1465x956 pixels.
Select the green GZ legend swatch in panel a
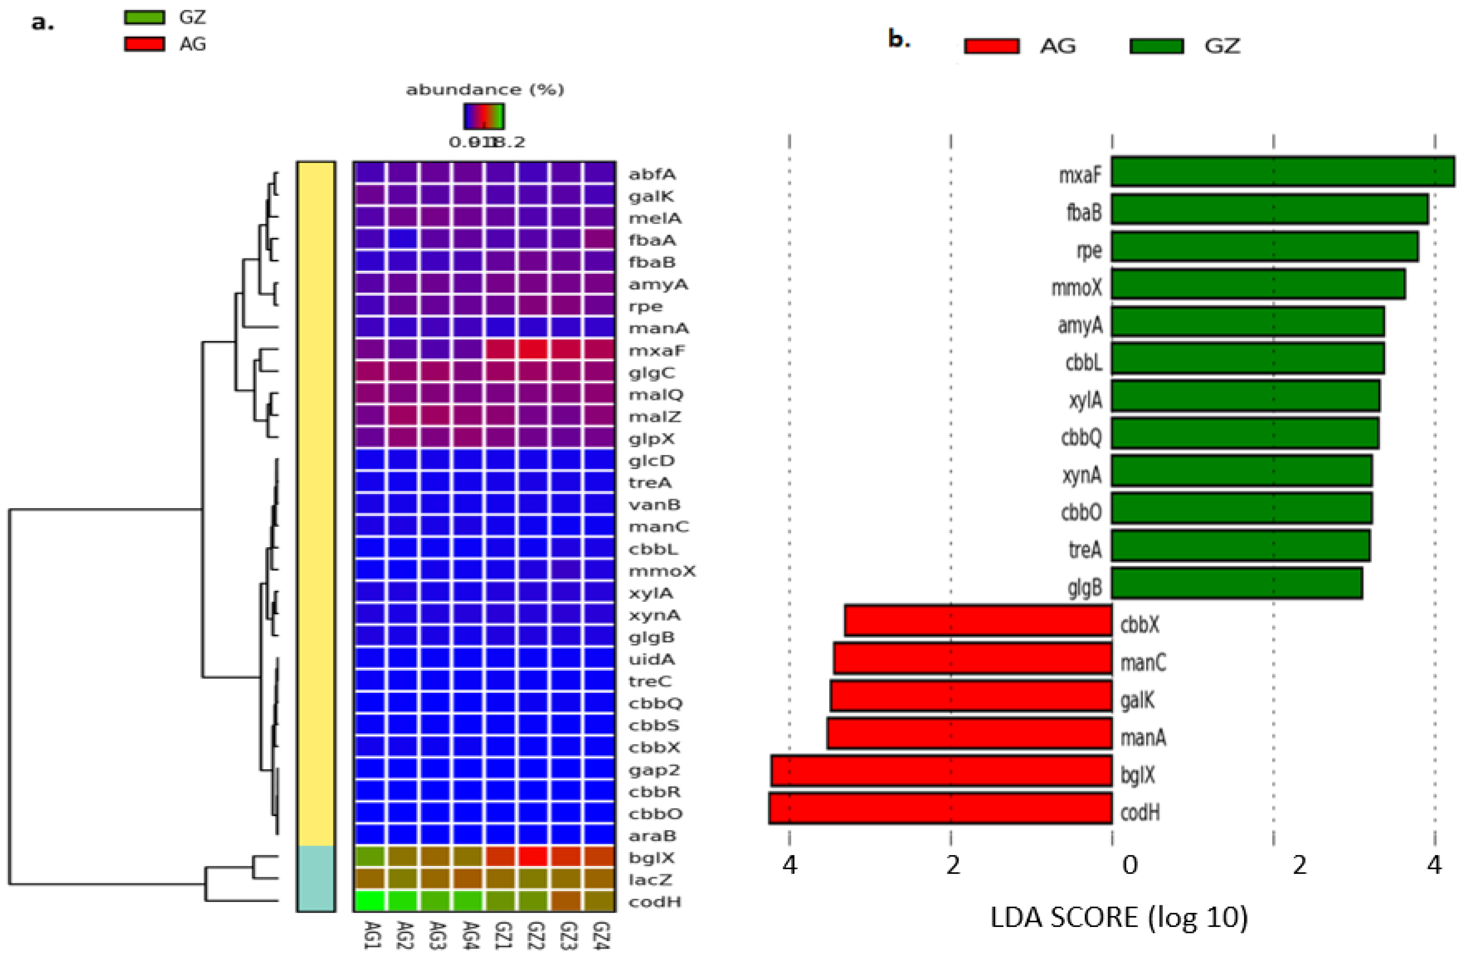pyautogui.click(x=144, y=17)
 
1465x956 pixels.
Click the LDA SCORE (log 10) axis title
pyautogui.click(x=1118, y=917)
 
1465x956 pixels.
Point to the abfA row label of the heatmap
pyautogui.click(x=652, y=174)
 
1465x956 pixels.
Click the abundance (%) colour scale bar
pyautogui.click(x=484, y=116)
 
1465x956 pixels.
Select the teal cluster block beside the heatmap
pyautogui.click(x=316, y=879)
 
